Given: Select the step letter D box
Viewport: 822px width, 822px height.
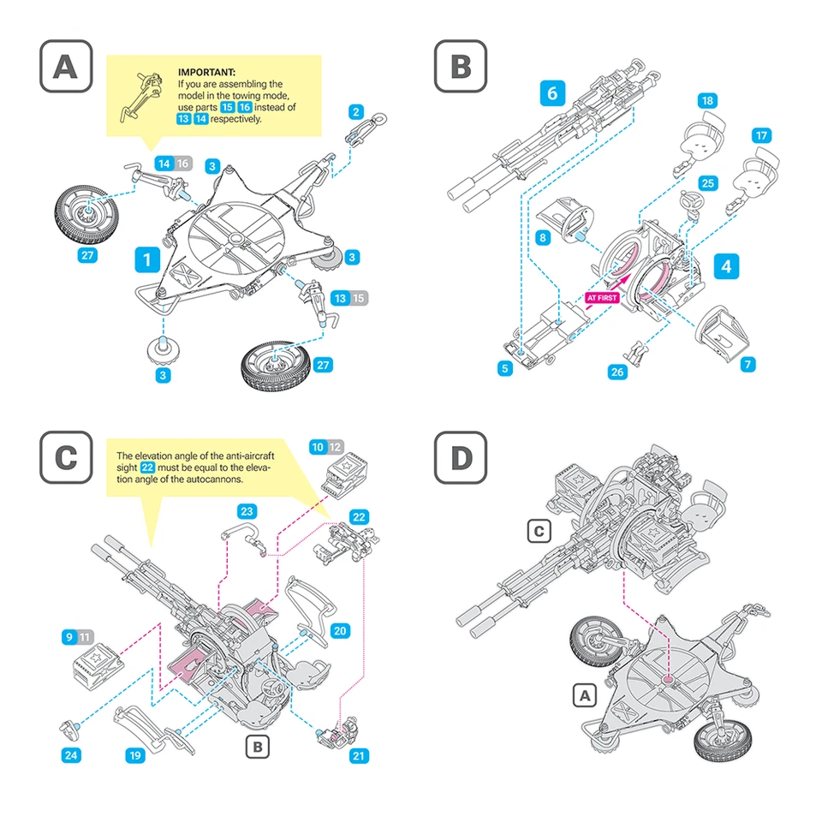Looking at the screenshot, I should (461, 457).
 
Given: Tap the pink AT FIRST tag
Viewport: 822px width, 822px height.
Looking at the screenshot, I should (603, 298).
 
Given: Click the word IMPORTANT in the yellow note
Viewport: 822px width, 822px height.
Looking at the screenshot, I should (206, 73).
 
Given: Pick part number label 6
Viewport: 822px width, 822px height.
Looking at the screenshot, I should (552, 92).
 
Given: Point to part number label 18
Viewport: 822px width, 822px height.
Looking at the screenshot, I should (706, 101).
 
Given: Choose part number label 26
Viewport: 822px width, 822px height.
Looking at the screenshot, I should (618, 371).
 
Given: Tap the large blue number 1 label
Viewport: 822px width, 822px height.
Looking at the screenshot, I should (148, 259).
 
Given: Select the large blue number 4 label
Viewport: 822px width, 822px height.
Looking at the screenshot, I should (725, 265).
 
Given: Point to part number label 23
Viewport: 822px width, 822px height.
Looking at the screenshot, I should (247, 511).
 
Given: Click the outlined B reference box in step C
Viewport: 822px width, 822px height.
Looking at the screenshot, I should (257, 747).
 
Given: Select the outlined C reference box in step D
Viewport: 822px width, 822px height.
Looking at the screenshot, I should (538, 532).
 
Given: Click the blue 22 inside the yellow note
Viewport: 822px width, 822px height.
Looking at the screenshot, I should (147, 468).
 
